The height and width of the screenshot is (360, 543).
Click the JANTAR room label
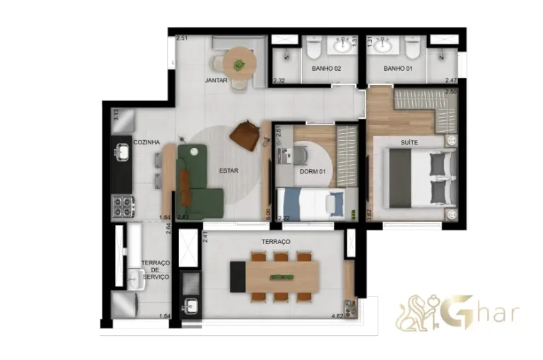[216, 81]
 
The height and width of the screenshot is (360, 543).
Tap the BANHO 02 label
[327, 69]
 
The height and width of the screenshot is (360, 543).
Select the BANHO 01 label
[398, 69]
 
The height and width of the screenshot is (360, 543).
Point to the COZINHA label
[147, 142]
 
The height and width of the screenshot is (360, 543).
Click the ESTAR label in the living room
[228, 170]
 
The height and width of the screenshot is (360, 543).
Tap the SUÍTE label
[409, 143]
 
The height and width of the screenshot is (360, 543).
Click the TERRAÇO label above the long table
[276, 242]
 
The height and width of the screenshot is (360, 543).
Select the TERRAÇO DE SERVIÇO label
[155, 270]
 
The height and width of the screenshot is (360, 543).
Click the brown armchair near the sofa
[245, 134]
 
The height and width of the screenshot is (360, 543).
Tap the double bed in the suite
[417, 180]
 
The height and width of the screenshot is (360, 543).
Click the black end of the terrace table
[237, 276]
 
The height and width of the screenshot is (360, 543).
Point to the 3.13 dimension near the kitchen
[116, 115]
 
